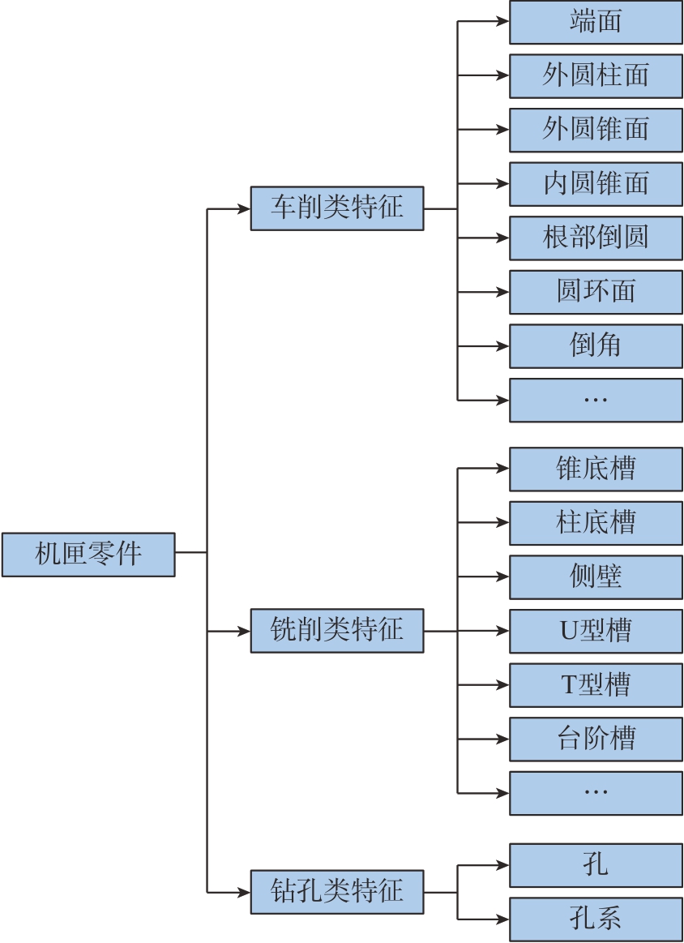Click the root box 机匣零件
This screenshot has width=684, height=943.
coord(88,555)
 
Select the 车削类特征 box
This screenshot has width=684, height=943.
coord(337,208)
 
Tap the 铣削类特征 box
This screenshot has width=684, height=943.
coord(337,630)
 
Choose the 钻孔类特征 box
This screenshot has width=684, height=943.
coord(337,892)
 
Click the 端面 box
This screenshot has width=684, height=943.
coord(596,22)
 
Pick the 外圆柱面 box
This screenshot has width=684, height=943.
coord(596,75)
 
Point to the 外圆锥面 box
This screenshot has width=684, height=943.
coord(596,130)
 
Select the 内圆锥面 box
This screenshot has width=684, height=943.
coord(596,184)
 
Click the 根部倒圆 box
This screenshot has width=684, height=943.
coord(596,238)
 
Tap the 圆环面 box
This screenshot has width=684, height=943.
coord(596,292)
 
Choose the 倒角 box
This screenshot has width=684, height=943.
coord(596,346)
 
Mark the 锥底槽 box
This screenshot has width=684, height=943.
coord(596,469)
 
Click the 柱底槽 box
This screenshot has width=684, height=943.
coord(596,523)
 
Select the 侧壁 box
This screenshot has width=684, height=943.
coord(596,577)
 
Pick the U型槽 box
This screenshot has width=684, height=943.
coord(596,631)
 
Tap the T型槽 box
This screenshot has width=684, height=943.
coord(596,685)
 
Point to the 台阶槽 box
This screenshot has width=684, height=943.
coord(596,739)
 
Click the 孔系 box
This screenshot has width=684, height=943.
coord(596,919)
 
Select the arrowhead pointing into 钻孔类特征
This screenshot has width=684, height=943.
coord(245,892)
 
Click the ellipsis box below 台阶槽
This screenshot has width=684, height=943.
coord(596,793)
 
